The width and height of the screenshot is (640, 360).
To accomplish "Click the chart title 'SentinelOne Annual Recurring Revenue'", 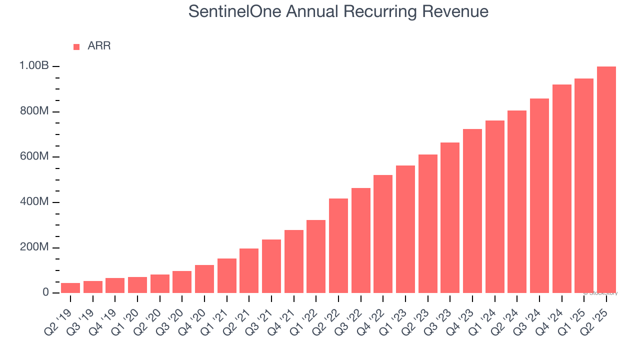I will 338,11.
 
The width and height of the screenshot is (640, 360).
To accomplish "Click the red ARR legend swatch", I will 76,46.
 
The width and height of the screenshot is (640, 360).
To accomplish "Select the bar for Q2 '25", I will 606,180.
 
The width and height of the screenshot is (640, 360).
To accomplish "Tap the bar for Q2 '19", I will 70,288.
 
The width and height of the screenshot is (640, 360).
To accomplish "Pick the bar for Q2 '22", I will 338,245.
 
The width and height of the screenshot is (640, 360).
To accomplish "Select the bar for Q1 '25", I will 583,185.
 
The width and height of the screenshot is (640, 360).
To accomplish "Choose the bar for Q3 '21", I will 271,266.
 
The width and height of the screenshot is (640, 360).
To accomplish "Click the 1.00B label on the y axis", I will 34,66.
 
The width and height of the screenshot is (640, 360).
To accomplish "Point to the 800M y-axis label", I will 34,111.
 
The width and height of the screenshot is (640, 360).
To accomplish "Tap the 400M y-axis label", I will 34,202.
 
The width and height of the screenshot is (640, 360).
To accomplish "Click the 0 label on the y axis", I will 45,292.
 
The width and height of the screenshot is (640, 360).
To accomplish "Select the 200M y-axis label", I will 34,247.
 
